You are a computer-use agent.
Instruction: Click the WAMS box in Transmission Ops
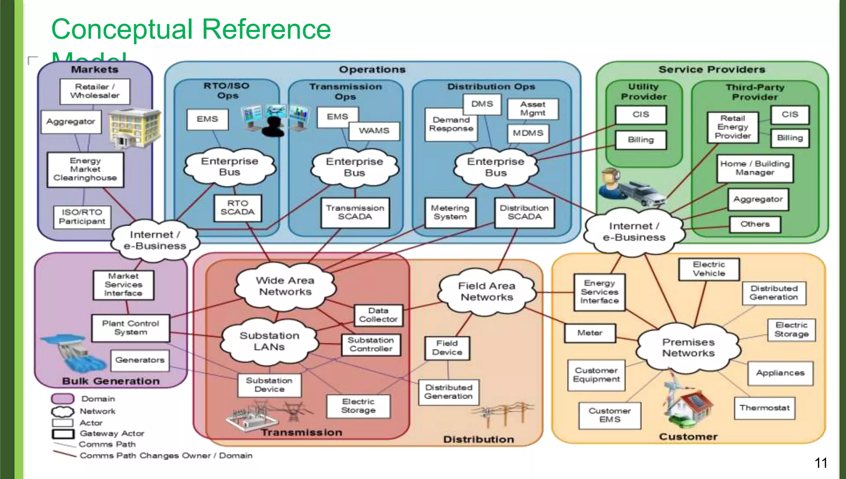point(374,131)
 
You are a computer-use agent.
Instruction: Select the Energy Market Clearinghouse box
point(85,170)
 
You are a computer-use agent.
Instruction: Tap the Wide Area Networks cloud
point(285,286)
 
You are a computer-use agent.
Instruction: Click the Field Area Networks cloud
point(487,292)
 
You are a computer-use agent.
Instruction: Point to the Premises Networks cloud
point(688,348)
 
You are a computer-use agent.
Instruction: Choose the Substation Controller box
point(371,345)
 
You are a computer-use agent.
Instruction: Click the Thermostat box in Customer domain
point(764,408)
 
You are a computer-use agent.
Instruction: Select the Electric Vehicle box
point(709,269)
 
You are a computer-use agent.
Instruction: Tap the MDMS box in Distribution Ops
point(528,133)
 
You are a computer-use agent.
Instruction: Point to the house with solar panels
point(694,404)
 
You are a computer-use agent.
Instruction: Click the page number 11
point(821,463)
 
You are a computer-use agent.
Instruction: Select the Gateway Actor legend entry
point(112,434)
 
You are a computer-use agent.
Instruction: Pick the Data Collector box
point(378,315)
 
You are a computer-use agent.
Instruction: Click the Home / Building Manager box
point(755,168)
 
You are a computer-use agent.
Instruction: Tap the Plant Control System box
point(131,328)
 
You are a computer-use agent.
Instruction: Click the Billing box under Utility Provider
point(641,140)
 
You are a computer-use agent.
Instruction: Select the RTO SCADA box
point(238,208)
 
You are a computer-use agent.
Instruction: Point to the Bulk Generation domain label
point(111,381)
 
